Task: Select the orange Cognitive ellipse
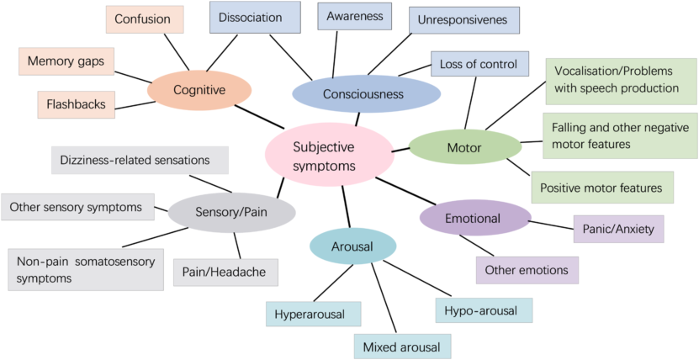[199, 89]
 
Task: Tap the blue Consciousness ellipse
[366, 93]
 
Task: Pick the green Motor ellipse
[464, 147]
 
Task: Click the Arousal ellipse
[353, 246]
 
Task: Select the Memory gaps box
[66, 61]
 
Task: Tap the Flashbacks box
[77, 104]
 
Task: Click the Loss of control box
[479, 64]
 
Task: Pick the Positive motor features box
[602, 187]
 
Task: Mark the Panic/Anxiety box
[618, 229]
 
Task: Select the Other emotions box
[527, 270]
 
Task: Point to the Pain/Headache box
[225, 272]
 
